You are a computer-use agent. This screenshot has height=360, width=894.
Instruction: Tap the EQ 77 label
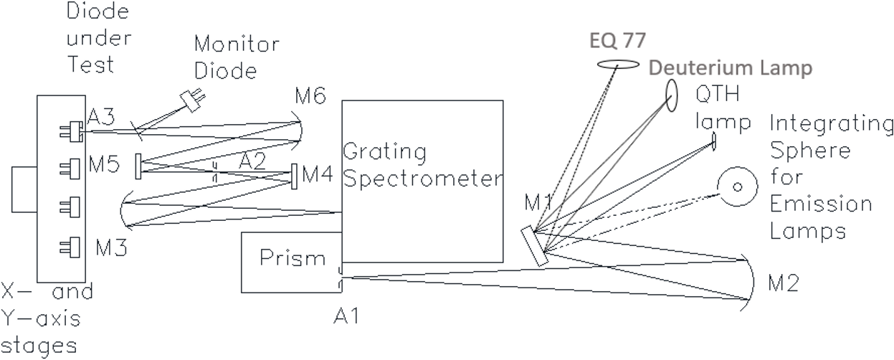617,40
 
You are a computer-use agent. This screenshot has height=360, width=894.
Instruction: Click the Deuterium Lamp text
731,67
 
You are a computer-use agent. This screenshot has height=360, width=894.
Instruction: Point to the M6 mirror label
310,96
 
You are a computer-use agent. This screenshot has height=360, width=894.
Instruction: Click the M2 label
784,283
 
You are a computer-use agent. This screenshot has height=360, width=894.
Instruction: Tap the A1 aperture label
346,316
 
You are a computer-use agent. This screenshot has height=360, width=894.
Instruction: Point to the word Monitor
237,44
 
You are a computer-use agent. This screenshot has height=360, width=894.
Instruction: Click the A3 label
101,117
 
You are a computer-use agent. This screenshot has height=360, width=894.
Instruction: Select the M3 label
111,247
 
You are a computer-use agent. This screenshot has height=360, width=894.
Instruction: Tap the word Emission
821,204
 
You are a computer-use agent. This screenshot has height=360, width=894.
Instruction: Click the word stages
39,346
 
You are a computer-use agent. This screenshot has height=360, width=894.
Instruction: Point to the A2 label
252,161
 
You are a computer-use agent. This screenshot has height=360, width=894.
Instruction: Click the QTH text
718,94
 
